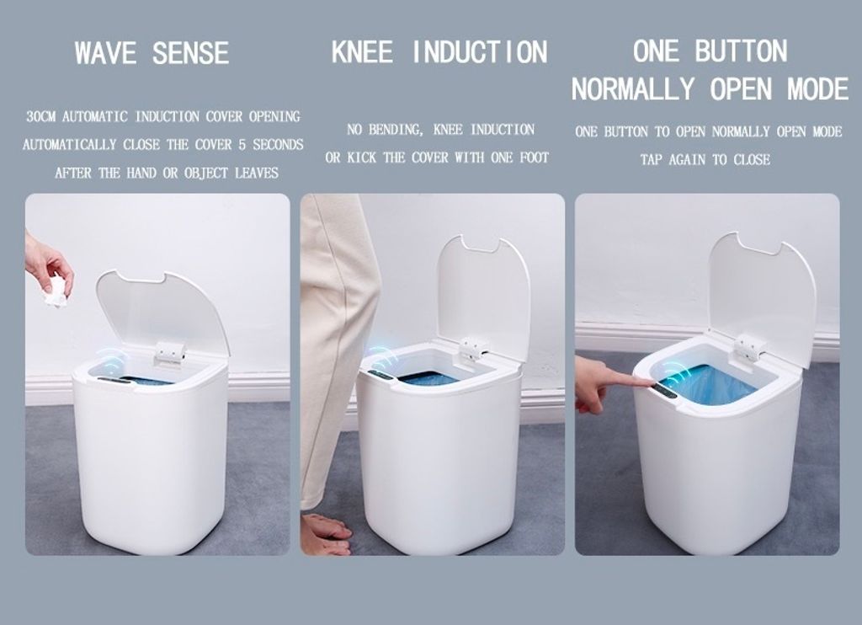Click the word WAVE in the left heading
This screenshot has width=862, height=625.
[x=105, y=53]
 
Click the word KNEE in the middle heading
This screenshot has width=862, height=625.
[x=363, y=51]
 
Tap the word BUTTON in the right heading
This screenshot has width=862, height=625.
[x=741, y=51]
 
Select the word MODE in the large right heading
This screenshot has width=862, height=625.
[x=818, y=89]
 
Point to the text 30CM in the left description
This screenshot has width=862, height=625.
[x=41, y=116]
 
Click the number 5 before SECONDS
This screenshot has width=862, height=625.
[x=242, y=145]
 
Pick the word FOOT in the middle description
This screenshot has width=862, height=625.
[x=535, y=158]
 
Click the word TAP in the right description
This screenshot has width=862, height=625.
[x=652, y=160]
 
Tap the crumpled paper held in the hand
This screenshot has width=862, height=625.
[x=56, y=291]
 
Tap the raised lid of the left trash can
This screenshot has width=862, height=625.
[x=162, y=312]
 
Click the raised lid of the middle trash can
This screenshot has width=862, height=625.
[x=484, y=291]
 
